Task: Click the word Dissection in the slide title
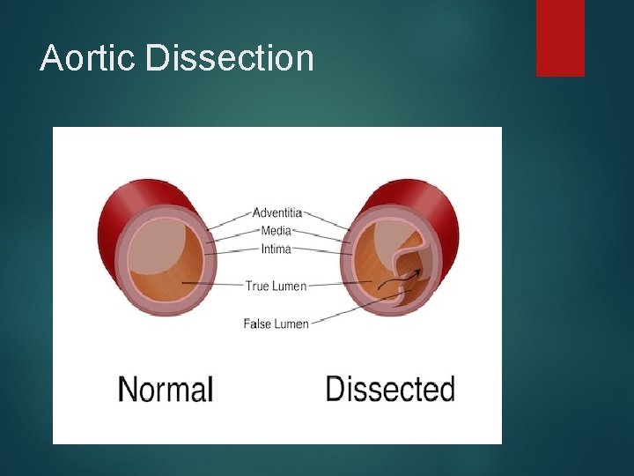point(230,58)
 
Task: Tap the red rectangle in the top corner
point(560,38)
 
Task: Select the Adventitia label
point(277,212)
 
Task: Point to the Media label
point(277,231)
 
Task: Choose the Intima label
point(277,249)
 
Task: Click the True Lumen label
point(276,286)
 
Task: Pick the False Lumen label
point(276,324)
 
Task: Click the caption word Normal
point(166,389)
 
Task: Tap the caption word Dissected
point(390,389)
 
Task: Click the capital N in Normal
point(127,389)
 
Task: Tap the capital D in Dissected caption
point(335,389)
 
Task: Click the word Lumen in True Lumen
point(289,286)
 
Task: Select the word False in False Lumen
point(257,324)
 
